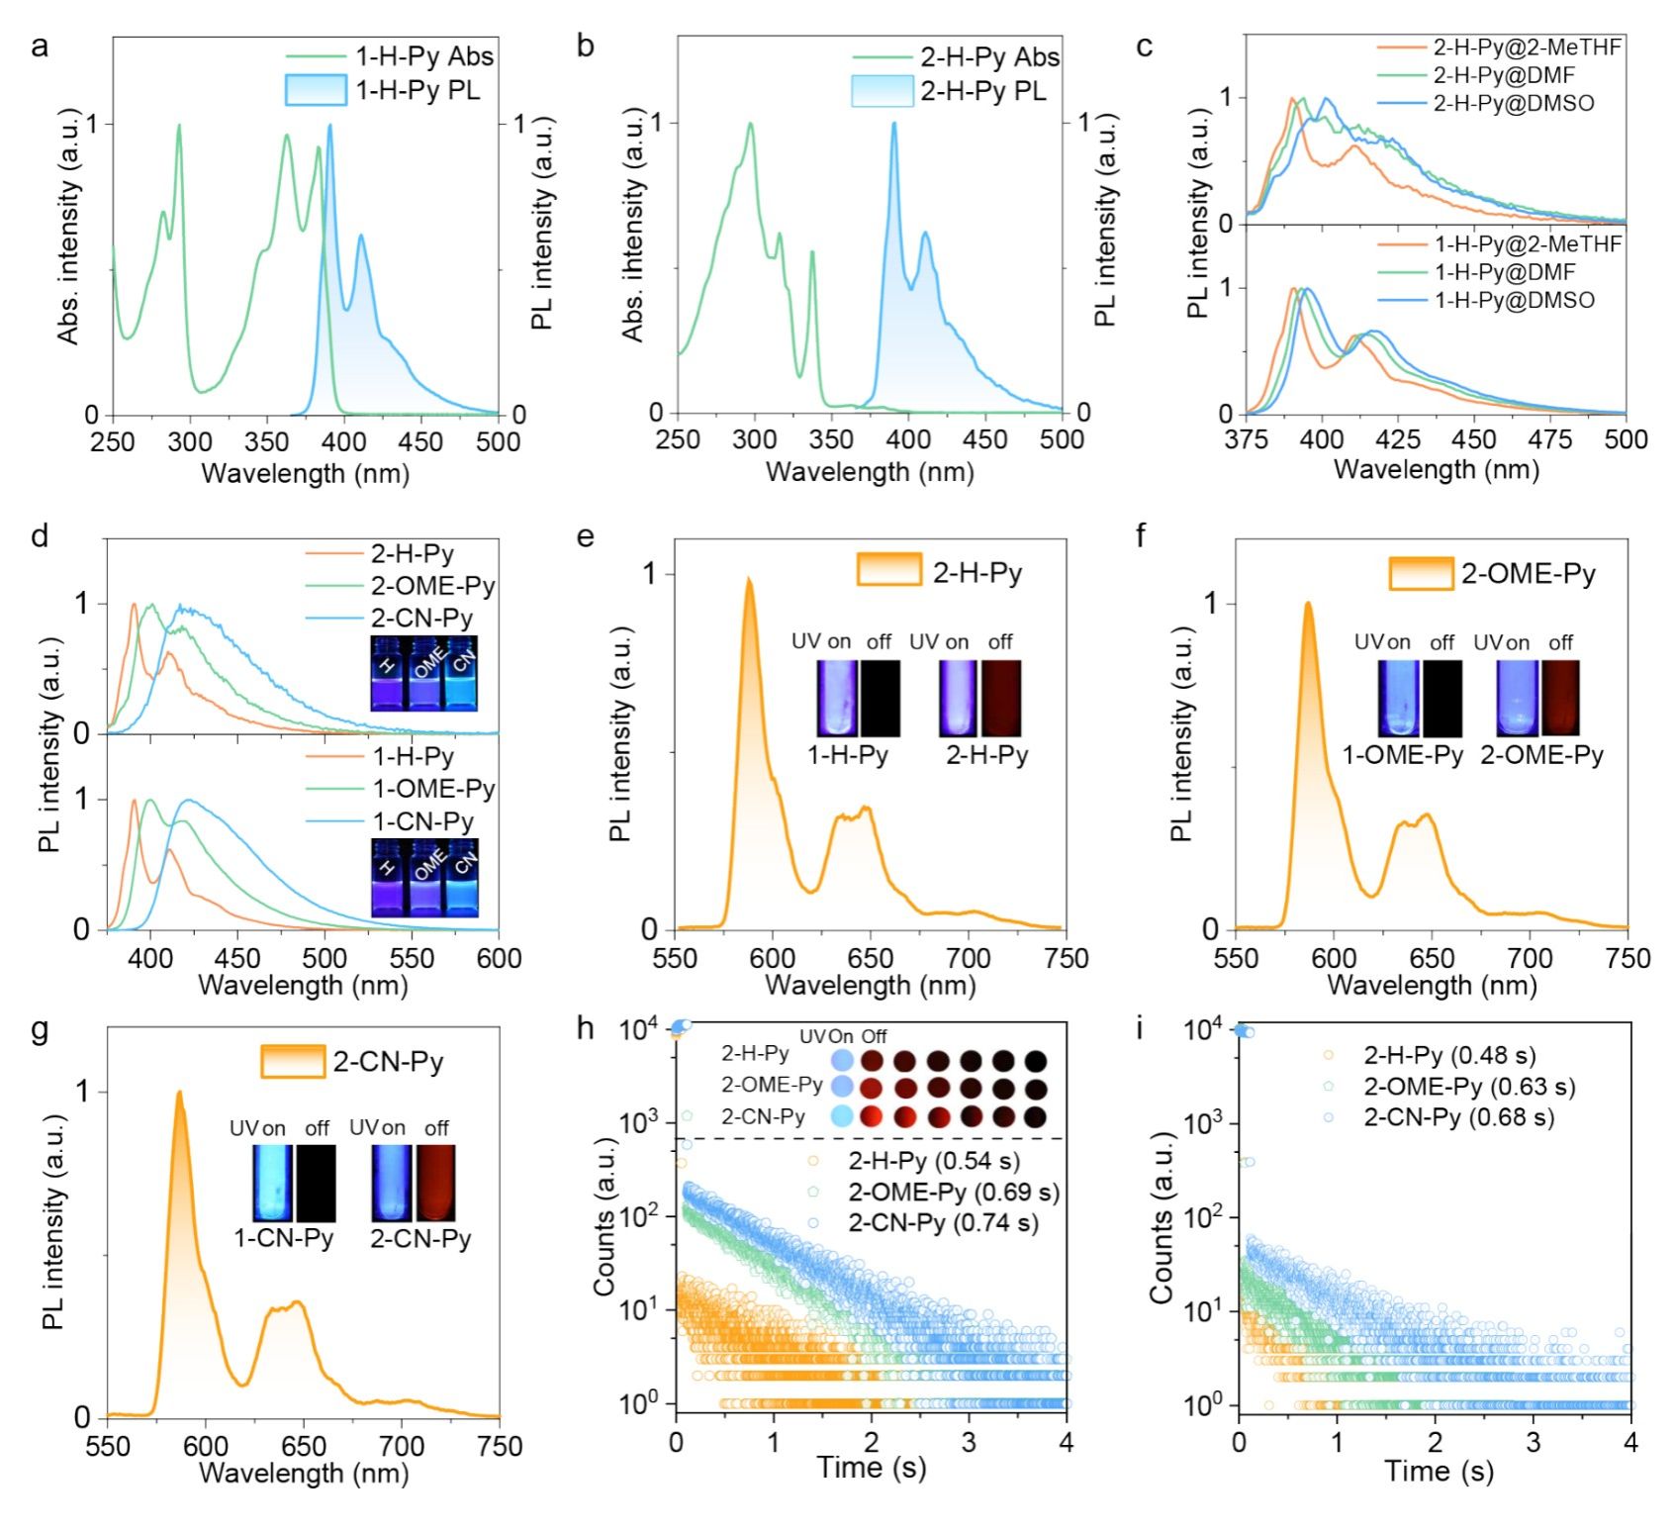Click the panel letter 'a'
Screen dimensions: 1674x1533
point(40,46)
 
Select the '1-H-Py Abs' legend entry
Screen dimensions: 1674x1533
point(390,56)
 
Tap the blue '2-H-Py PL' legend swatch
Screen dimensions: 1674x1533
point(882,92)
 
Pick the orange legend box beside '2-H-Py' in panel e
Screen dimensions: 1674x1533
point(888,570)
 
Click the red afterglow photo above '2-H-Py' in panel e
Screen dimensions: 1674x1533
point(1001,699)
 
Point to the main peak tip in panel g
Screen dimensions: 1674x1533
point(179,1093)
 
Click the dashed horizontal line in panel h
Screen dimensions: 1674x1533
point(871,1139)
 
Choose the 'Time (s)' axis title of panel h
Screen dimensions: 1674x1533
point(871,1468)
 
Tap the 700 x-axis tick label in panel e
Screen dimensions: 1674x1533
point(968,958)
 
